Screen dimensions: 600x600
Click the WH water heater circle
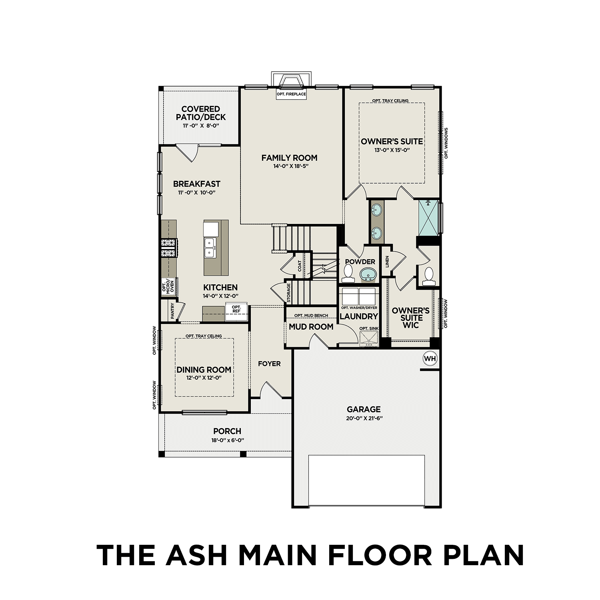(430, 358)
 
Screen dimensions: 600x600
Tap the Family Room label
(289, 158)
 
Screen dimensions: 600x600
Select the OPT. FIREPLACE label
(291, 94)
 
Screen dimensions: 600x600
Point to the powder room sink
(368, 275)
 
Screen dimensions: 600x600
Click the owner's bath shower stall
(429, 218)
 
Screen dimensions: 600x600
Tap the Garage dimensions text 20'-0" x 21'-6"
(364, 418)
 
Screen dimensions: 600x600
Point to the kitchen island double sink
(210, 248)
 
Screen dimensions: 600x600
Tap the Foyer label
(269, 364)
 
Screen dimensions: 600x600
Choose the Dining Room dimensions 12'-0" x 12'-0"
(204, 378)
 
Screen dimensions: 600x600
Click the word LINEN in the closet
(387, 262)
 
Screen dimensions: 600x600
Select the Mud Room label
(311, 327)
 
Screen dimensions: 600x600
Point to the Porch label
(227, 431)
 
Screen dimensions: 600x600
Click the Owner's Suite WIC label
(411, 318)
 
